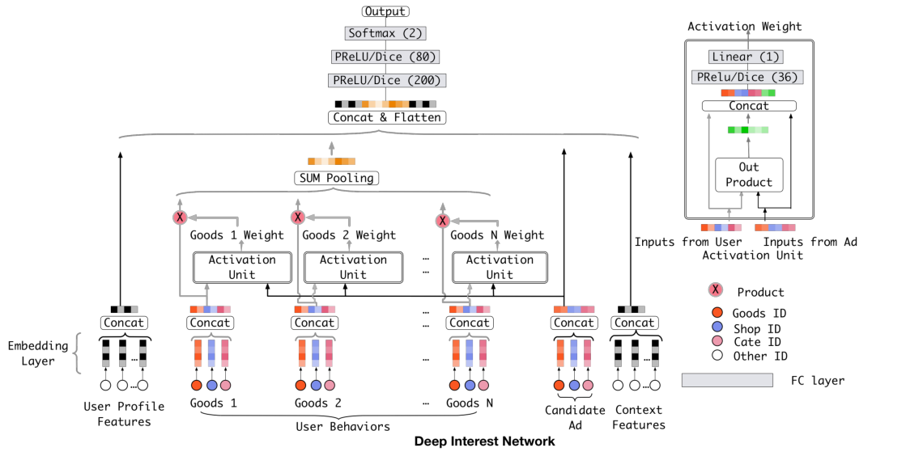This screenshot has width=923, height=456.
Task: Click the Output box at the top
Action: point(386,11)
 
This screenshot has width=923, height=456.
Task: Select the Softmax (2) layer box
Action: point(386,34)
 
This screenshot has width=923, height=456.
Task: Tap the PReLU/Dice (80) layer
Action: point(386,57)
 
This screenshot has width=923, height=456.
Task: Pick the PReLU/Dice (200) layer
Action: point(386,80)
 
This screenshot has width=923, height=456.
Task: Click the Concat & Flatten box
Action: point(386,117)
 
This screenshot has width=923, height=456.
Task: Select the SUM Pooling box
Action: point(335,178)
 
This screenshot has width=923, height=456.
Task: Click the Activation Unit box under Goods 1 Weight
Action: point(241,268)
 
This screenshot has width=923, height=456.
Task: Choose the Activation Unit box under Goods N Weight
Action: point(499,268)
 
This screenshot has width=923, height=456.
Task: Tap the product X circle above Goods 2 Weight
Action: point(297,217)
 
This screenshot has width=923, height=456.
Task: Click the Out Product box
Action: point(749,175)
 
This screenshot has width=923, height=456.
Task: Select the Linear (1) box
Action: point(745,57)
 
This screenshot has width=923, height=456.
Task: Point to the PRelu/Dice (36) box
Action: point(745,78)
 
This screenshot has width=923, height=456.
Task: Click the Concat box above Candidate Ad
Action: point(573,323)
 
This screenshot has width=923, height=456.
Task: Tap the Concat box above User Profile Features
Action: point(124,323)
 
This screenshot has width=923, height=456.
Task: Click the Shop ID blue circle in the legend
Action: point(715,327)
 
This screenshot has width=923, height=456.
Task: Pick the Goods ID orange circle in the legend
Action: point(715,313)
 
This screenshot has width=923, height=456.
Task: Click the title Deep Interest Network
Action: point(484,441)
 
